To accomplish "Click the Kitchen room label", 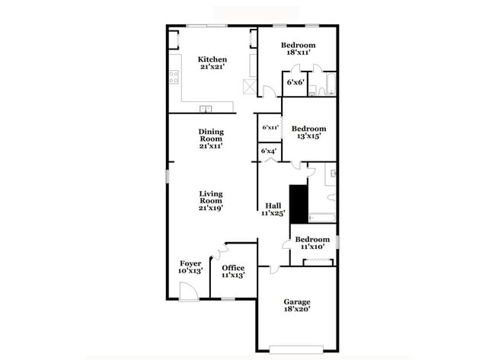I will [x=212, y=63].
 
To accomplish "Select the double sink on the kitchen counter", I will [x=206, y=107].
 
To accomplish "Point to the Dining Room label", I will [x=211, y=138].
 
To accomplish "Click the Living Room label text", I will [x=211, y=200].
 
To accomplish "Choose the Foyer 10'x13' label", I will [x=190, y=267].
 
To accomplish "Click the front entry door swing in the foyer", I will [x=187, y=291].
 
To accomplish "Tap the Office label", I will [x=232, y=272].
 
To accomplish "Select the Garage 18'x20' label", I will [x=297, y=306].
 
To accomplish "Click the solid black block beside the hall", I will [x=298, y=204].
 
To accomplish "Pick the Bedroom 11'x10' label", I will [x=312, y=243].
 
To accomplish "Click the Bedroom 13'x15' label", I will [x=309, y=132].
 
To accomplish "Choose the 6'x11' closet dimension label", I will [x=270, y=128].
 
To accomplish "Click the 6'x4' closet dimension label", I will [x=268, y=151].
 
